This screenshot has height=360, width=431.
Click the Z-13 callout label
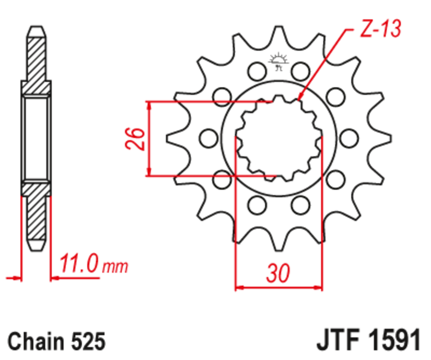(x=379, y=30)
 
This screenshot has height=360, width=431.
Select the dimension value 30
(x=277, y=273)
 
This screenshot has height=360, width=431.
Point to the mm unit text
(x=115, y=267)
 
